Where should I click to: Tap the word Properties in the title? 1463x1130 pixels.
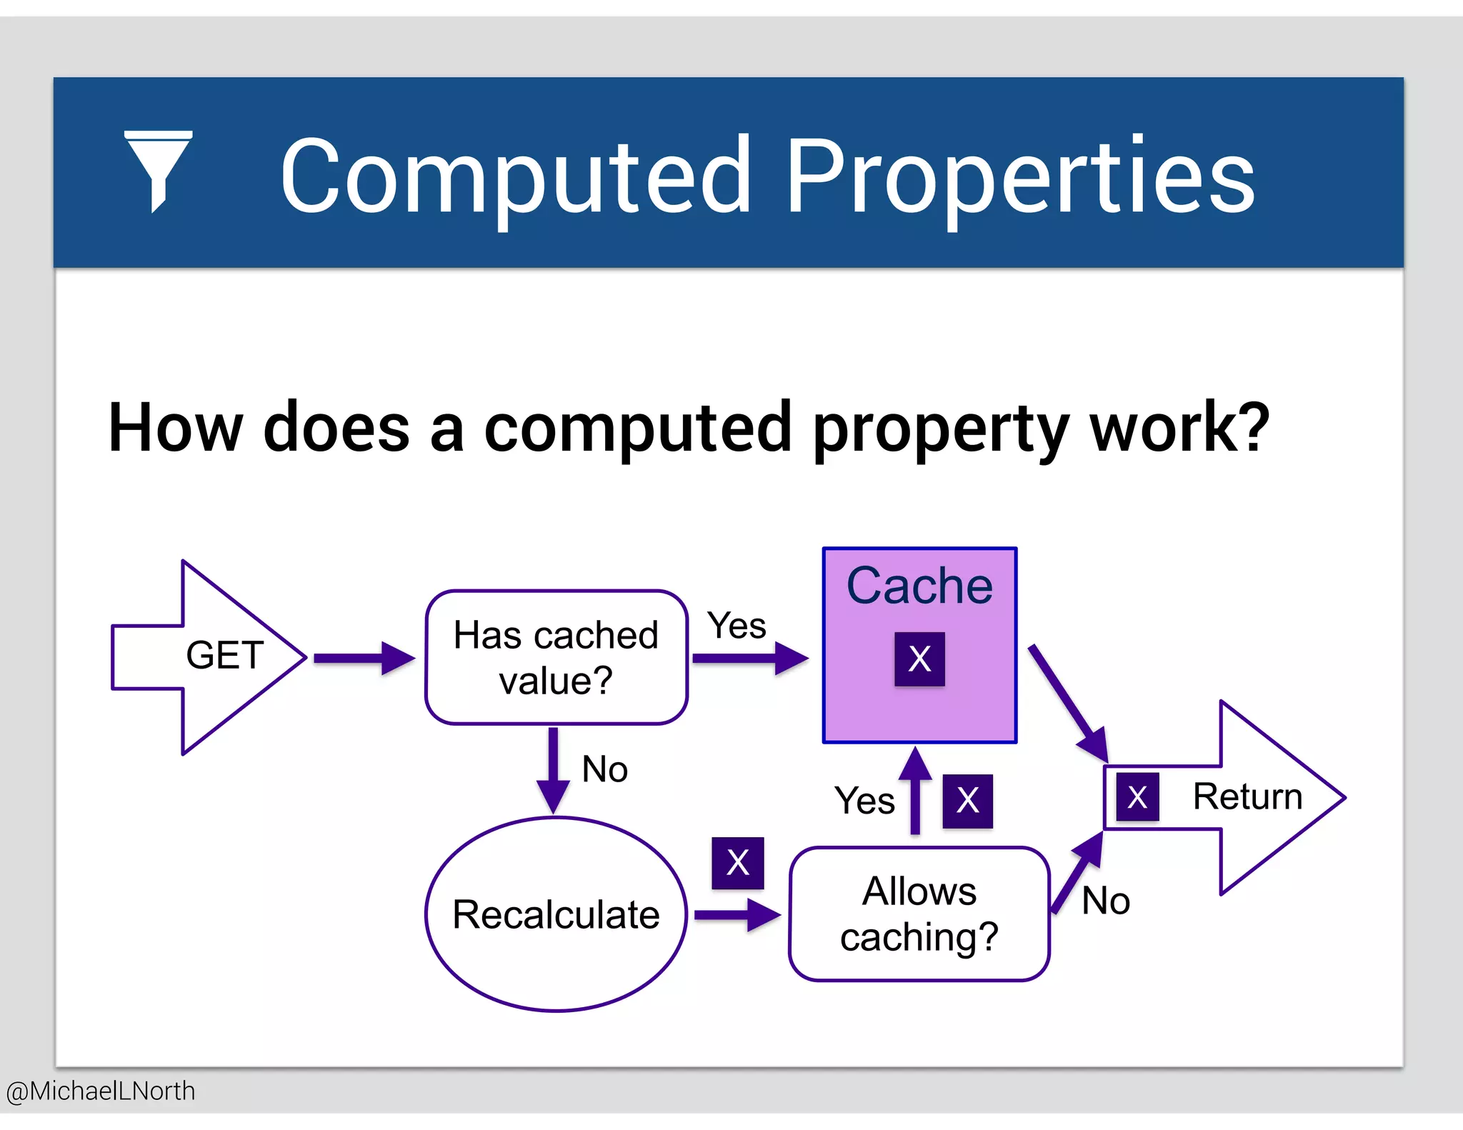pyautogui.click(x=1020, y=177)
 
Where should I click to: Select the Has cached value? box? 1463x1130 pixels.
pyautogui.click(x=556, y=657)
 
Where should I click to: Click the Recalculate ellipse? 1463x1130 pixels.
pyautogui.click(x=556, y=914)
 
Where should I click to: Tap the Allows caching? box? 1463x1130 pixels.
pyautogui.click(x=919, y=914)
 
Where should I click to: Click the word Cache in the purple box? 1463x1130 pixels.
pyautogui.click(x=919, y=586)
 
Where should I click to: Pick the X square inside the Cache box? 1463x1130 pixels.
pyautogui.click(x=919, y=659)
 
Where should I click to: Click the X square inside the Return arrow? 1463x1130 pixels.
pyautogui.click(x=1137, y=797)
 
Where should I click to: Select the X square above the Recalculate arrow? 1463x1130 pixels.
pyautogui.click(x=737, y=863)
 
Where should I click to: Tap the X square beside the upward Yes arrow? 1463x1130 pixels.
pyautogui.click(x=967, y=801)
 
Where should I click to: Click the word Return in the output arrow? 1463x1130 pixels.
pyautogui.click(x=1247, y=796)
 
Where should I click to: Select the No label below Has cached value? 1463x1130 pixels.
pyautogui.click(x=604, y=769)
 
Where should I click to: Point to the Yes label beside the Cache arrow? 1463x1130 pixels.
pyautogui.click(x=737, y=626)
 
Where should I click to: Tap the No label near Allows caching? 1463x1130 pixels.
pyautogui.click(x=1105, y=901)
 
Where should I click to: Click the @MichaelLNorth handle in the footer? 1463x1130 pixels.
pyautogui.click(x=100, y=1091)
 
